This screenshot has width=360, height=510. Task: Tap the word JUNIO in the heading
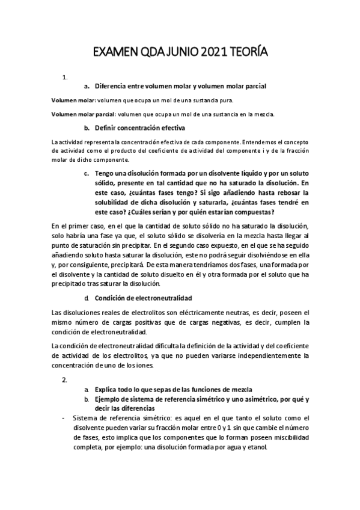[x=171, y=52]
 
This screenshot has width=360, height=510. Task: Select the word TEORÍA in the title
[x=246, y=52]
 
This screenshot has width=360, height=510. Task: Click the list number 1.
[x=64, y=77]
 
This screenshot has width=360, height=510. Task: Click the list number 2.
[x=64, y=380]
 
